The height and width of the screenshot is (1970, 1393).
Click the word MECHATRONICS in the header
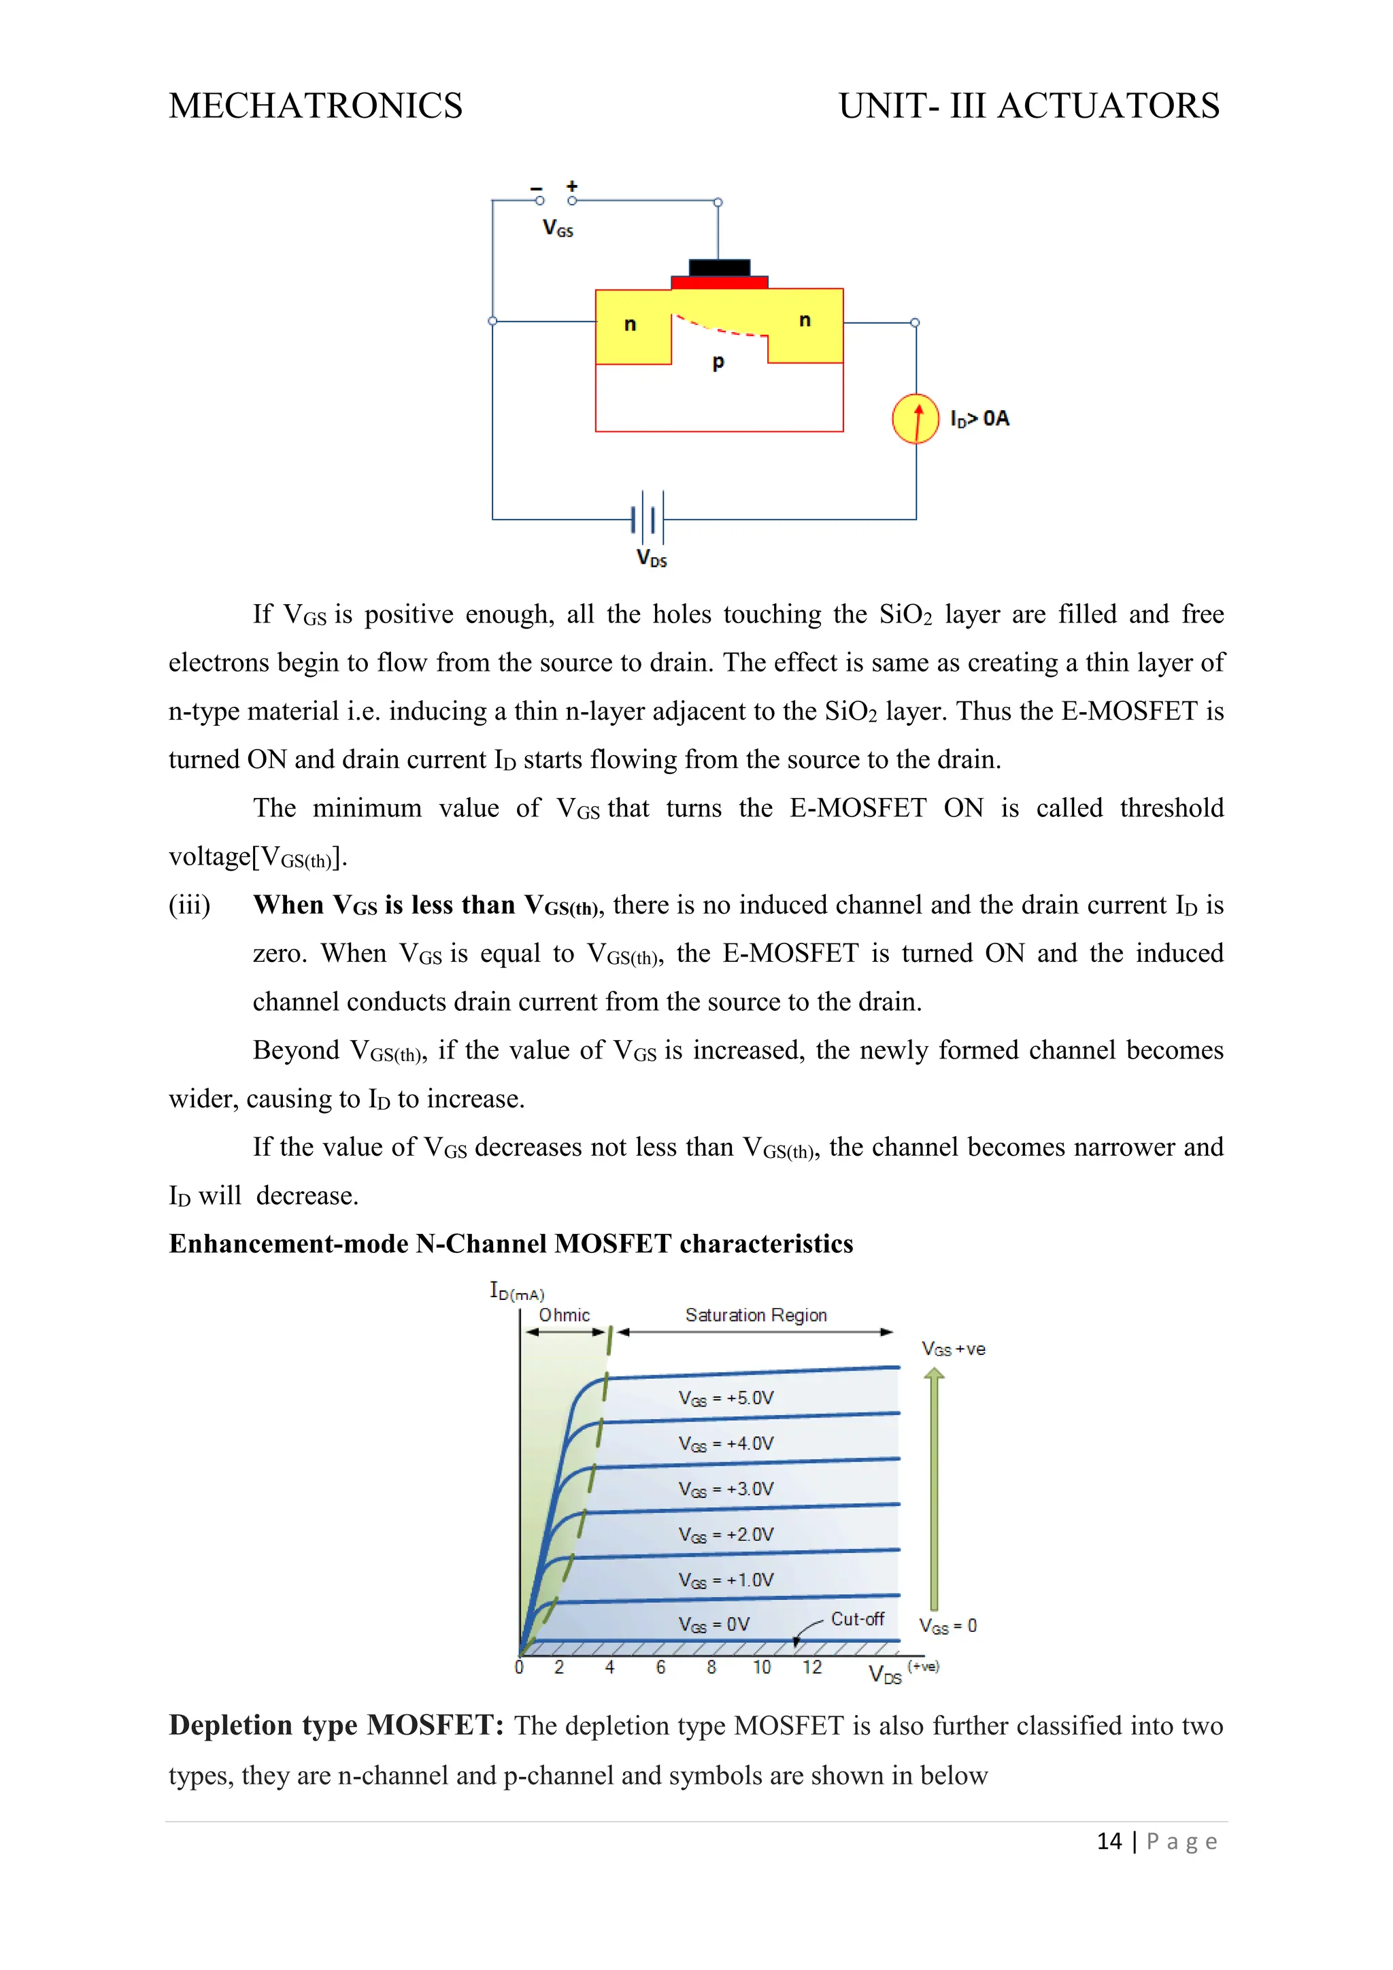(315, 106)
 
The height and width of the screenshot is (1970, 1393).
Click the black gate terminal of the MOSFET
(719, 268)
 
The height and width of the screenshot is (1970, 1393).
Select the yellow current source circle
(916, 419)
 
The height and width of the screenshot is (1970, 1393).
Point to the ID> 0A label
(979, 419)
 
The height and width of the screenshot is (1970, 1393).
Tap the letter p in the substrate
(719, 362)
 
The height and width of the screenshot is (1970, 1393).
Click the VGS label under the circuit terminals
(558, 229)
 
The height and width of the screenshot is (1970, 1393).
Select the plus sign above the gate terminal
(572, 186)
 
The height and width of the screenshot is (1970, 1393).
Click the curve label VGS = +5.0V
(726, 1399)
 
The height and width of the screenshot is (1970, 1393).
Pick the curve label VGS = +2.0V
(726, 1535)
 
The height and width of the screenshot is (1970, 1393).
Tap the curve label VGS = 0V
(714, 1625)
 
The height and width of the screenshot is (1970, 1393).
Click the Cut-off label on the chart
(857, 1619)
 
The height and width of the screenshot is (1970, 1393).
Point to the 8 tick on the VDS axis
(711, 1667)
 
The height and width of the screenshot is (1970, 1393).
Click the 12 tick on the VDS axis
(811, 1667)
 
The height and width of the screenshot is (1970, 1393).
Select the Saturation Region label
(756, 1316)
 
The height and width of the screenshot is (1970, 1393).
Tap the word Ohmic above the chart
(564, 1316)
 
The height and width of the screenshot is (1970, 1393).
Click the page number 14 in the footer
(1109, 1841)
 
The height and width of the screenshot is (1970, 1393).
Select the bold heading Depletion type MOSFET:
(335, 1726)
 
